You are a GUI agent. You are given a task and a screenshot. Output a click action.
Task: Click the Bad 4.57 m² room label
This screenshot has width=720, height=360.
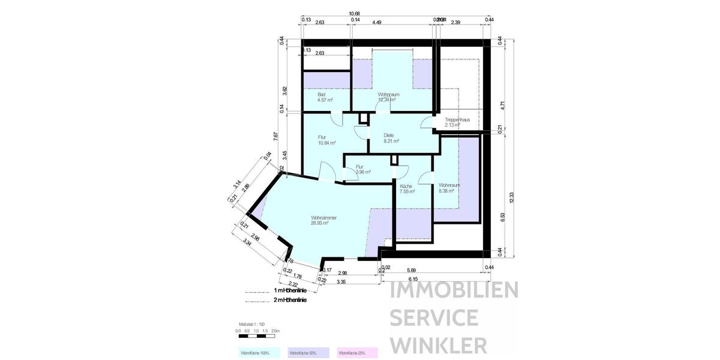[x=325, y=98]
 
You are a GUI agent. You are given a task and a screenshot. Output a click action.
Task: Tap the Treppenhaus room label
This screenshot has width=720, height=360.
[x=460, y=122]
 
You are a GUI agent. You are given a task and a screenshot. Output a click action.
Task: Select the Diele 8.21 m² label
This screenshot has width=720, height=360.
[x=391, y=138]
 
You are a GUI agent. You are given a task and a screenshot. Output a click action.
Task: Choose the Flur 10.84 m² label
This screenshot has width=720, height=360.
[x=326, y=140]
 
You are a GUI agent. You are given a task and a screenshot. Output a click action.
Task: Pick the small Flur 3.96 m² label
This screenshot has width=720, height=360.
[x=362, y=169]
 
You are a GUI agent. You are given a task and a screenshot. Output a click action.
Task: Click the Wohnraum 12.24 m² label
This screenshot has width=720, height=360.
[x=388, y=97]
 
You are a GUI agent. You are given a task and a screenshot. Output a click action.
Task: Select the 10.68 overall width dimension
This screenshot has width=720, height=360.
[x=355, y=13]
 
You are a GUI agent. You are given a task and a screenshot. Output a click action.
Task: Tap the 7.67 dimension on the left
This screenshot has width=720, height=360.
[x=275, y=136]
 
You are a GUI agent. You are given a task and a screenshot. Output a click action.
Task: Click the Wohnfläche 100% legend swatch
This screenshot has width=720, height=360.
[x=259, y=352]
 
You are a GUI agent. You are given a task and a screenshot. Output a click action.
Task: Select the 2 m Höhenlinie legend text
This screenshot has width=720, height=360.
[x=290, y=300]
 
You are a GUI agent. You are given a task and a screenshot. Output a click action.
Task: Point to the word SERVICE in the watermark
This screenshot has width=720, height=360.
[x=434, y=317]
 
